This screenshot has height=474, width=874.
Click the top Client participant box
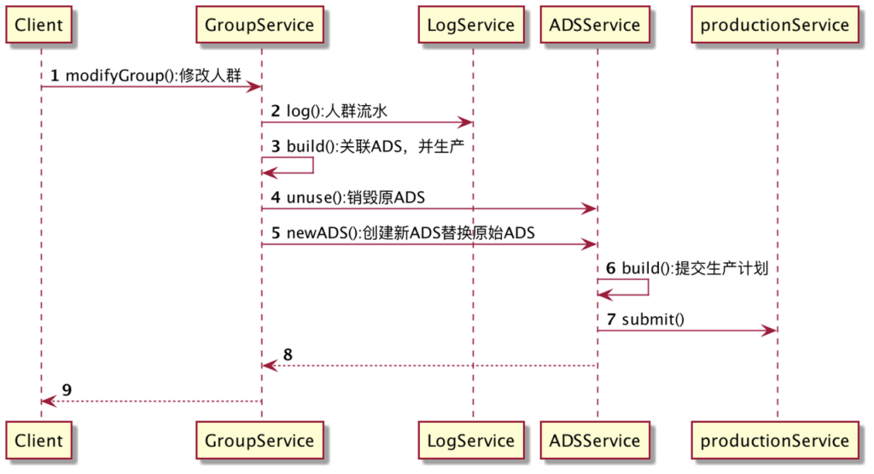[39, 25]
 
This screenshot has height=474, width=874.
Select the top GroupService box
[259, 25]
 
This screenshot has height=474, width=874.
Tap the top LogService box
[471, 25]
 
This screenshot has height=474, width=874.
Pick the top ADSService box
[596, 25]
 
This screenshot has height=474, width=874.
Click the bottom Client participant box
[39, 441]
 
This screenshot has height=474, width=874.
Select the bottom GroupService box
[259, 441]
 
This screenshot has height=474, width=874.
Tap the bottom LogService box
[471, 441]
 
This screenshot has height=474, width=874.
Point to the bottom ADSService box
[596, 441]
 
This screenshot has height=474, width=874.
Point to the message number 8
[288, 354]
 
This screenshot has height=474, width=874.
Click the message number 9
[67, 390]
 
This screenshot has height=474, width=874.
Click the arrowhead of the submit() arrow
[771, 330]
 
